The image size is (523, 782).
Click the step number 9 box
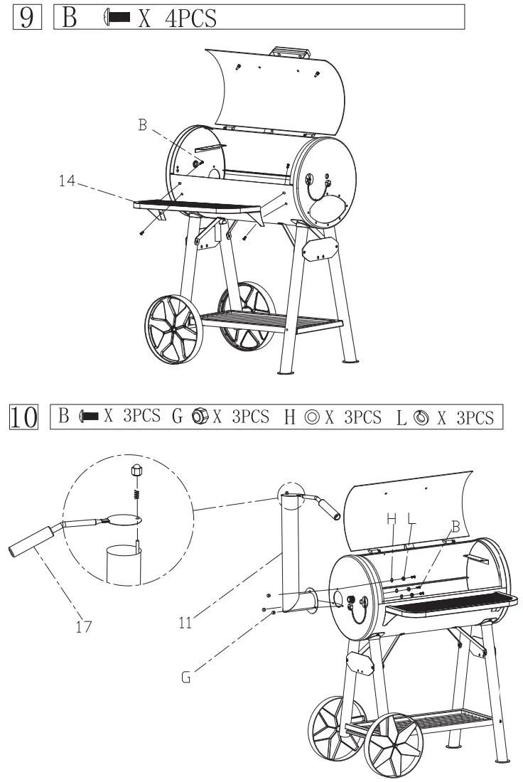tap(26, 16)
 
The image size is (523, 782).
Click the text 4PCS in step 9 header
tap(190, 17)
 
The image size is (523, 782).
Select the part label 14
tap(68, 181)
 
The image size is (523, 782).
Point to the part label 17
tap(84, 628)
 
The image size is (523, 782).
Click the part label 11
tap(186, 623)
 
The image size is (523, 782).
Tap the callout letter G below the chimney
tap(186, 677)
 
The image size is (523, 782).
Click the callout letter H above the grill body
tap(392, 520)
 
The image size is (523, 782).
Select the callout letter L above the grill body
tap(411, 520)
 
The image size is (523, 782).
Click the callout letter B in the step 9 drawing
tap(143, 125)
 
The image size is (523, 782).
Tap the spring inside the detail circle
tap(136, 491)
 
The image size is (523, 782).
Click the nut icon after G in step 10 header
tap(200, 417)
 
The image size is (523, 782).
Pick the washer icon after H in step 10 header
tap(312, 417)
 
